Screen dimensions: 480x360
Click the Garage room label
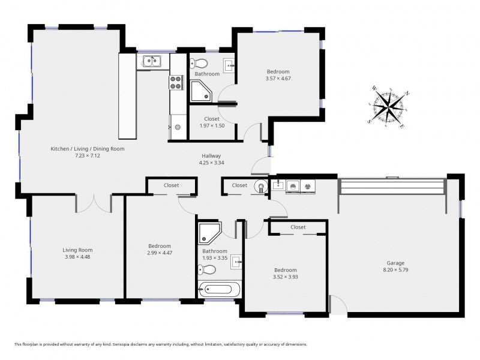coord(395,263)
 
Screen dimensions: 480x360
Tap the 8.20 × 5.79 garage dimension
coord(395,269)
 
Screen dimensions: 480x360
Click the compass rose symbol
coord(388,107)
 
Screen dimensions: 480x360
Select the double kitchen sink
coord(152,62)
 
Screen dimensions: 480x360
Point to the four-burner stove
coord(176,82)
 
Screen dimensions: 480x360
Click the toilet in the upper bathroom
coord(199,64)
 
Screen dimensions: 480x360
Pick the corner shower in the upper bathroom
coord(201,91)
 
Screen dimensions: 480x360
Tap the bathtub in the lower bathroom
coord(219,289)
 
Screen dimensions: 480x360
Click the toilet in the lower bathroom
coord(206,270)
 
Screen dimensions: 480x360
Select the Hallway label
coord(211,156)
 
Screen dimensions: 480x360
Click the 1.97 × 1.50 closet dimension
coord(212,125)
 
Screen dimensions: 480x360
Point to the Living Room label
coord(77,250)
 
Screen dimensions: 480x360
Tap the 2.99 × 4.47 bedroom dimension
coord(160,253)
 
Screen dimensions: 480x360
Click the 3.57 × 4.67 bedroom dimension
coord(278,79)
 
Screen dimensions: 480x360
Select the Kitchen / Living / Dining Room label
coord(88,149)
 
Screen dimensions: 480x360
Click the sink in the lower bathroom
coord(236,262)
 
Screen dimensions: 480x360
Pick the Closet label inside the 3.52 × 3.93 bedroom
coord(298,227)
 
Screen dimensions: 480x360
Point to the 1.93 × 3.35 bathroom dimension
coord(215,258)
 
